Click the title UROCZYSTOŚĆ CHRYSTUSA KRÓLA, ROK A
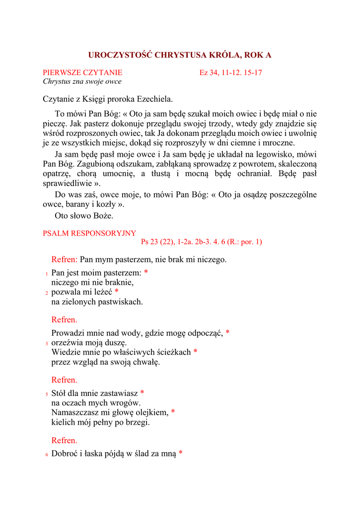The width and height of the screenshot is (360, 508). (x=180, y=55)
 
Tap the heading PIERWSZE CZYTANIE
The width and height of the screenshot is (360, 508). (x=82, y=72)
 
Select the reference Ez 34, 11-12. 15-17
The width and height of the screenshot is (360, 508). (x=231, y=72)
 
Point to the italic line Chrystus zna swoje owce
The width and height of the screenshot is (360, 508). (x=82, y=81)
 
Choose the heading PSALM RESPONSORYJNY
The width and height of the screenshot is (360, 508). (x=89, y=233)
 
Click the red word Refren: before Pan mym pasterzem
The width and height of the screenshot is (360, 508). (x=65, y=259)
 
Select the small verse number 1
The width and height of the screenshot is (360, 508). (x=46, y=274)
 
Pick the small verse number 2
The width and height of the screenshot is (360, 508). (x=46, y=293)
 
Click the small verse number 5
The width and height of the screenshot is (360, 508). (x=46, y=394)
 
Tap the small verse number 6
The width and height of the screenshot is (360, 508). (x=46, y=454)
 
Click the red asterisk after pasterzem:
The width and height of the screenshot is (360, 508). (x=146, y=272)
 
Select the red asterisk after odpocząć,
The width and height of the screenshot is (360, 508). (x=227, y=332)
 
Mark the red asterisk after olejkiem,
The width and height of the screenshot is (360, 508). (x=173, y=412)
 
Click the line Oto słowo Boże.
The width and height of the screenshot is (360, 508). (x=84, y=216)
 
